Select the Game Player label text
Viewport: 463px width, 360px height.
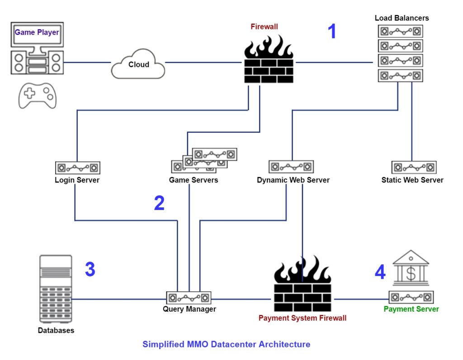37,33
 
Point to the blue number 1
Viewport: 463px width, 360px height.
332,32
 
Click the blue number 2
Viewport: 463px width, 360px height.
159,204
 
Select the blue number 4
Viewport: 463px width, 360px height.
380,272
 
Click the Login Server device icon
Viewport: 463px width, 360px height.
77,168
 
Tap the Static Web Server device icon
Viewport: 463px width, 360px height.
414,168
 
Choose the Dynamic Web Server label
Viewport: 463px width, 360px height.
293,180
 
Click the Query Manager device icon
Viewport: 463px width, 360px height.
189,298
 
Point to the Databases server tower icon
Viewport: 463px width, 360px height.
56,289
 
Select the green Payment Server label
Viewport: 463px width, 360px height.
411,309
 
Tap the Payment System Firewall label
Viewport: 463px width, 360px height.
302,318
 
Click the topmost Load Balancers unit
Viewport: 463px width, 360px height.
400,31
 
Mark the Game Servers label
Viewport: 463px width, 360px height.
194,180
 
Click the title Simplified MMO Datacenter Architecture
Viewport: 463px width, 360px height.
226,344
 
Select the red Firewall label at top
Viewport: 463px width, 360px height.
264,27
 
